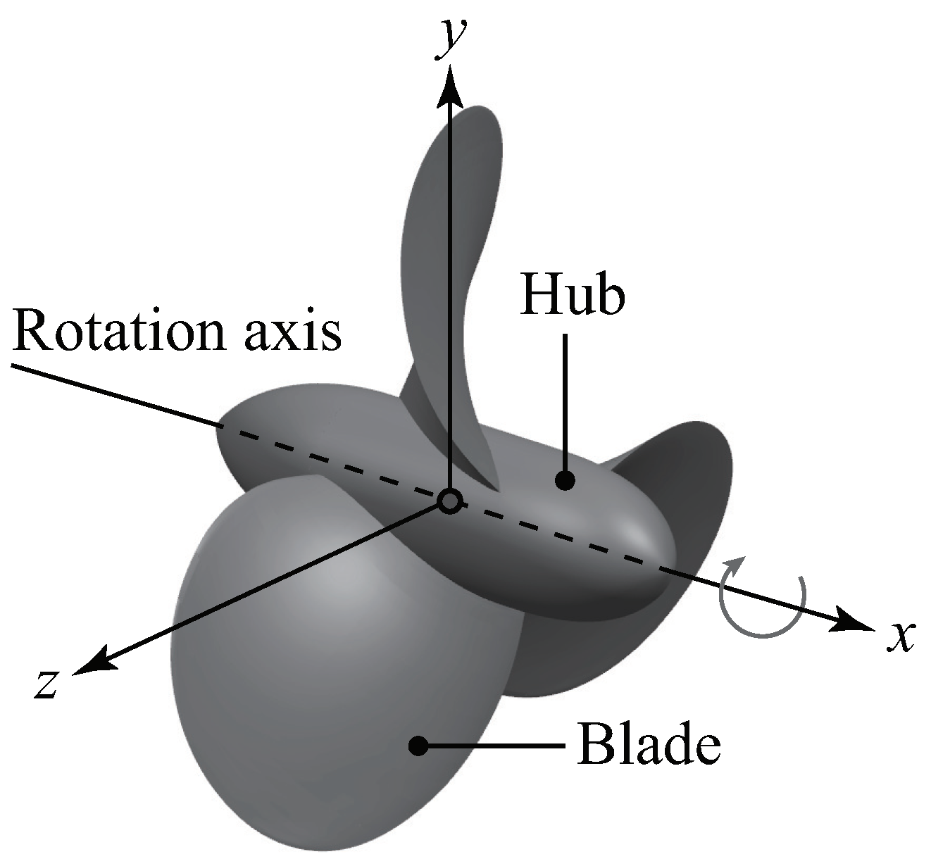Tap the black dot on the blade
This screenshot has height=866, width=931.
(x=419, y=745)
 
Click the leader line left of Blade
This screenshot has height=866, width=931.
(x=493, y=745)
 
